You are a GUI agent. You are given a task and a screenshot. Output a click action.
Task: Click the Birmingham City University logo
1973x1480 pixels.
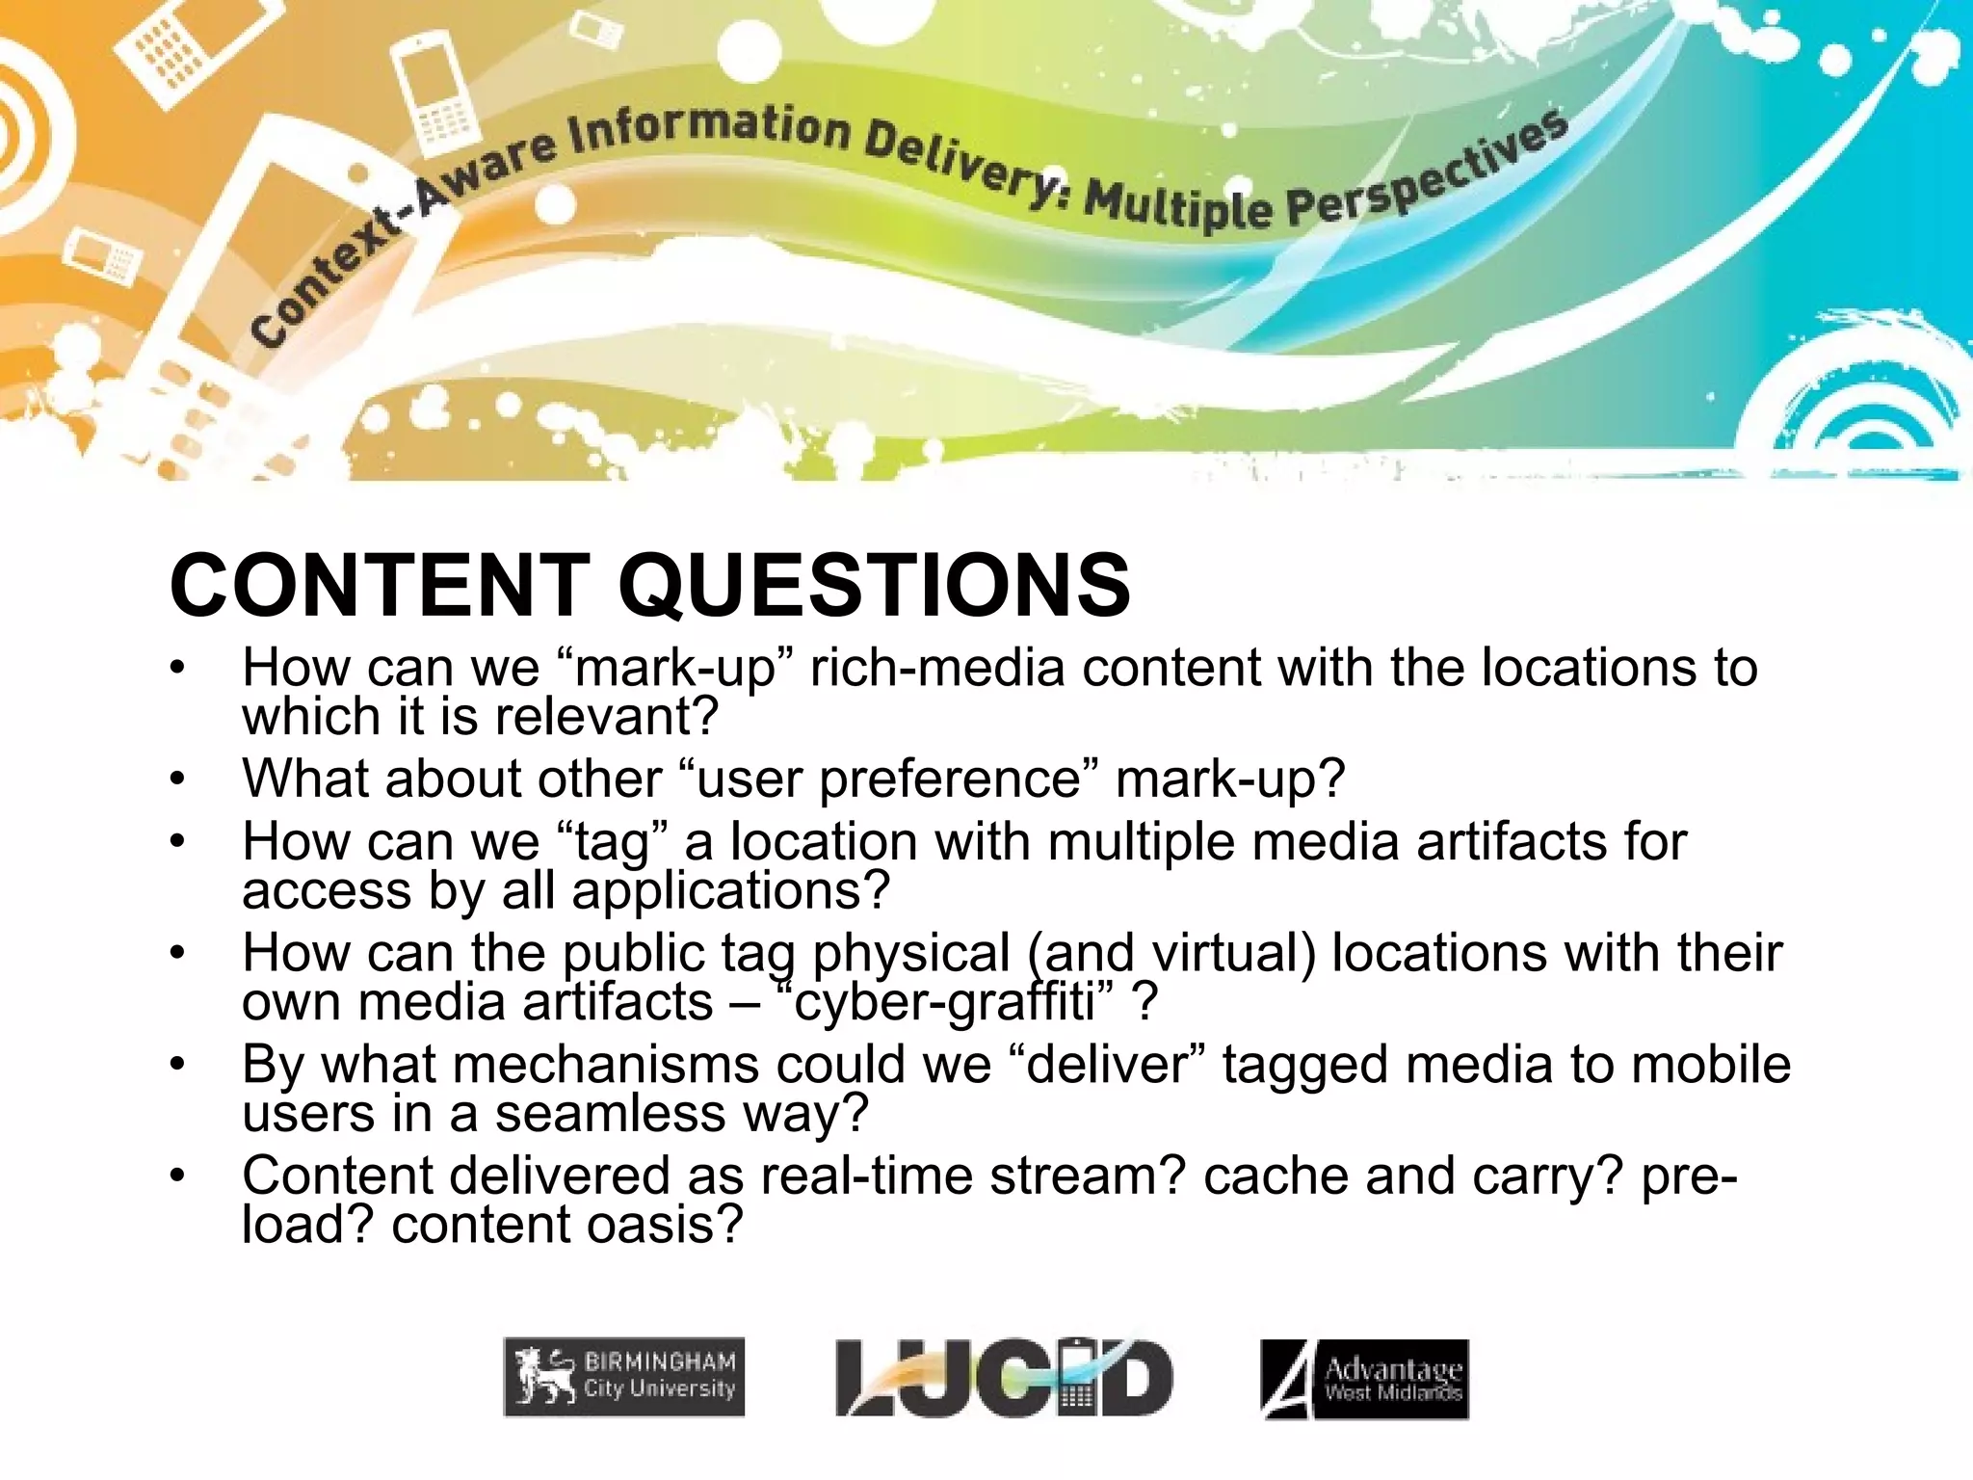click(x=624, y=1377)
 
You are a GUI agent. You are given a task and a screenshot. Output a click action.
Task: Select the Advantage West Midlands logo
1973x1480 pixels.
click(x=1364, y=1379)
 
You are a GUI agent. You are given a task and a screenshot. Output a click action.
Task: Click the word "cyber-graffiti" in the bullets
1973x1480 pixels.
click(x=944, y=1002)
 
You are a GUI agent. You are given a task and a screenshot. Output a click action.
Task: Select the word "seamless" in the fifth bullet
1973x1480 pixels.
click(x=611, y=1114)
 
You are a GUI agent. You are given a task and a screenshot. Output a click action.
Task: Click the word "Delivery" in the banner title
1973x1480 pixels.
click(x=960, y=159)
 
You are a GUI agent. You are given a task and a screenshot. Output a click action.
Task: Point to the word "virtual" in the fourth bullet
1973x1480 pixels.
click(x=1225, y=954)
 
